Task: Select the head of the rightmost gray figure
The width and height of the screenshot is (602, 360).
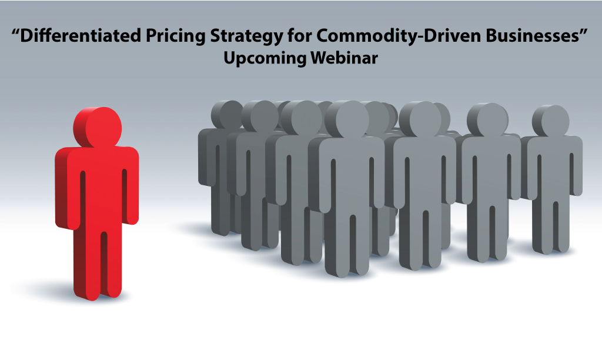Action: (x=551, y=121)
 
